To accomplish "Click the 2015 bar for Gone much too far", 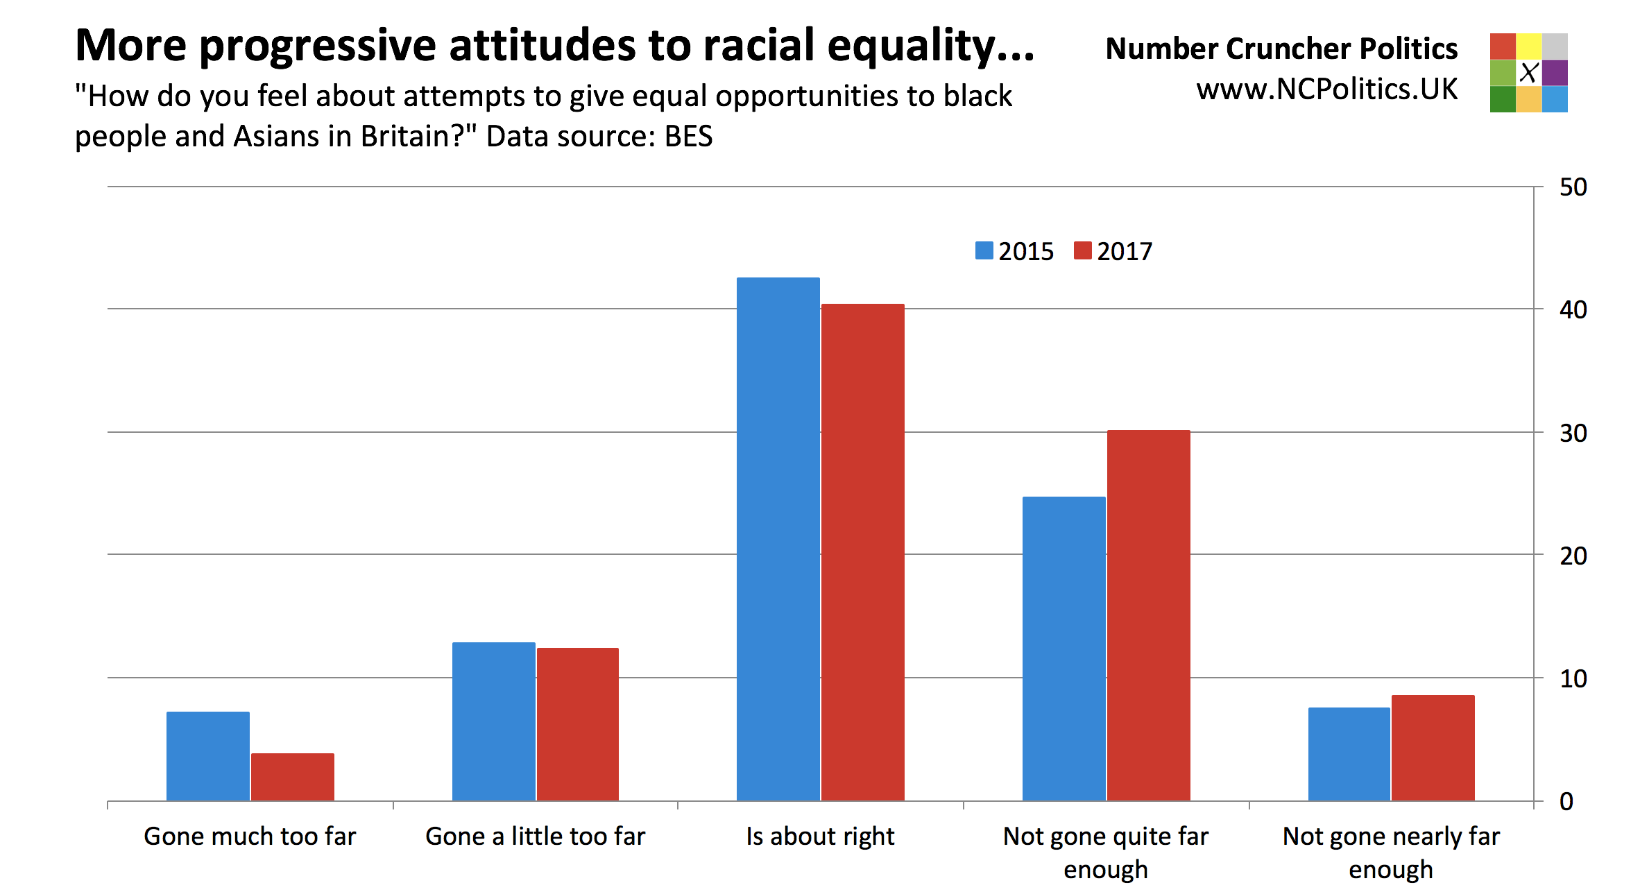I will [x=208, y=756].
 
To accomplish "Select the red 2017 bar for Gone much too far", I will [x=292, y=777].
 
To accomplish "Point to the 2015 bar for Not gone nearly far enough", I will [x=1349, y=754].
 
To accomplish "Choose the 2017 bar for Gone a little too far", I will [x=577, y=724].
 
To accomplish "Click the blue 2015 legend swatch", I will [x=984, y=250].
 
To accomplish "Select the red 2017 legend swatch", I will [x=1082, y=250].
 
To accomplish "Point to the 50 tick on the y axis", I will [x=1573, y=187].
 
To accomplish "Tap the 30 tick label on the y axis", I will [x=1573, y=433].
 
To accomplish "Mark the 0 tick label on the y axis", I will [x=1566, y=802].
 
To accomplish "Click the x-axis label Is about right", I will [x=820, y=837].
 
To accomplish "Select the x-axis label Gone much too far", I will [x=250, y=837].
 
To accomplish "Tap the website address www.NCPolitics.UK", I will [x=1326, y=89].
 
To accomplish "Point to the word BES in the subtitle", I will [x=688, y=136].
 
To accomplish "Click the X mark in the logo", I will [x=1528, y=73].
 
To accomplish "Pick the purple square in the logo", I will [x=1555, y=73].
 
